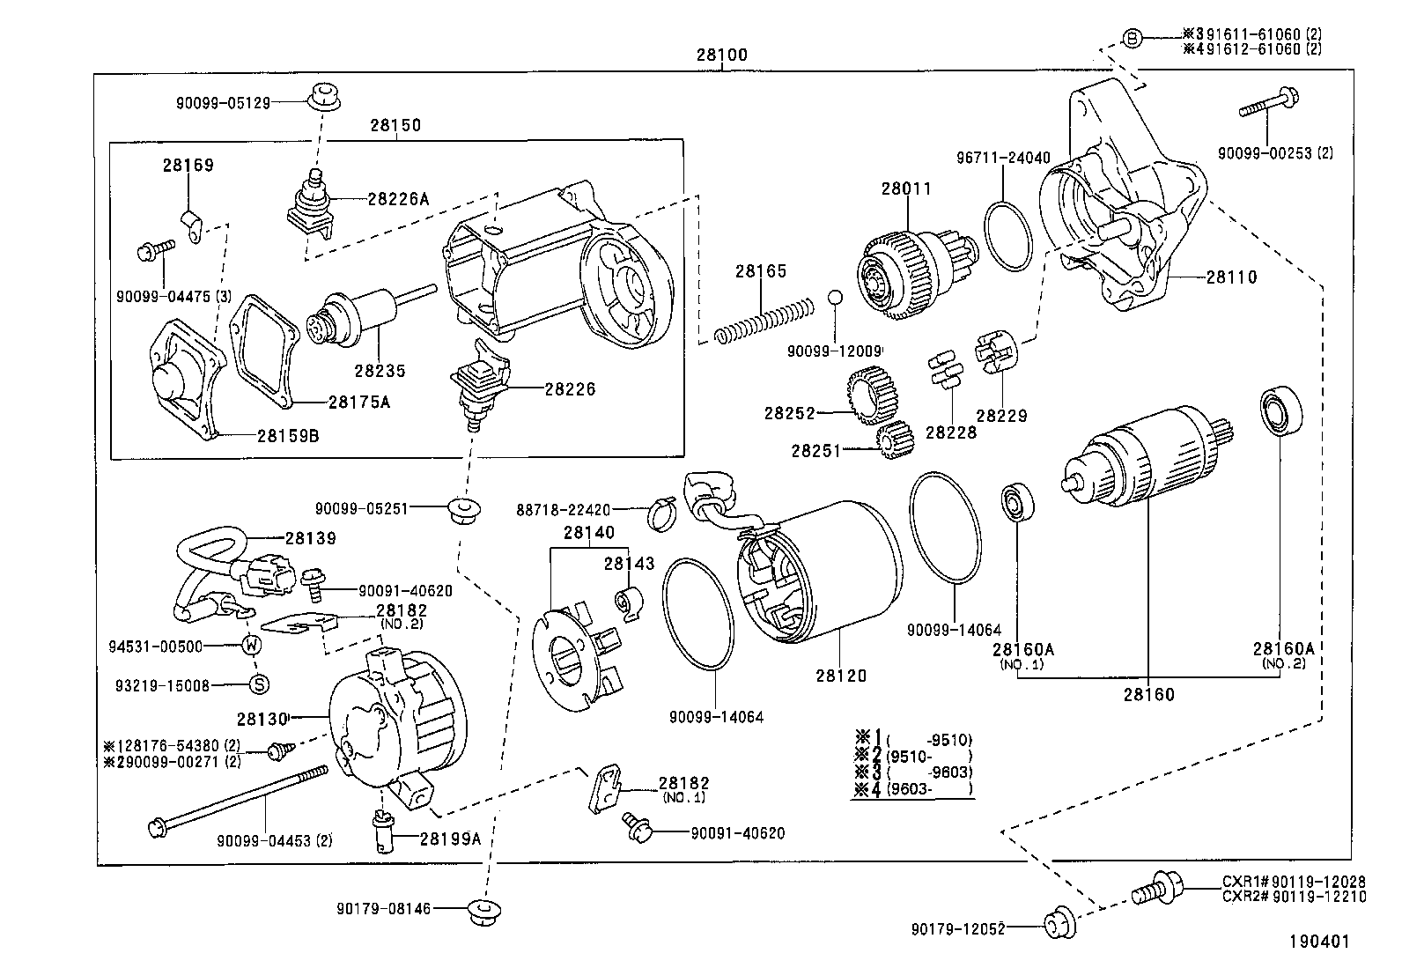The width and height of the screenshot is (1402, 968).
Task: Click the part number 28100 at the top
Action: tap(721, 55)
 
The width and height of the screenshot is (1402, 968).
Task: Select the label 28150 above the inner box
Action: tap(395, 125)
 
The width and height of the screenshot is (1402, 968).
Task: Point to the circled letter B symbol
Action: tap(1133, 37)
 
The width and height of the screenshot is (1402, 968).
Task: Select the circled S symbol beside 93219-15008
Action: tap(259, 684)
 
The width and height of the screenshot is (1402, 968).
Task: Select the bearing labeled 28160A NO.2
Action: tap(1278, 411)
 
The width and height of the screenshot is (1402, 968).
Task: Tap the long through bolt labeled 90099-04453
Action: tap(238, 799)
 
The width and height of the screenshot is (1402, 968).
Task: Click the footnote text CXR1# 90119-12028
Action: tap(1293, 882)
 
